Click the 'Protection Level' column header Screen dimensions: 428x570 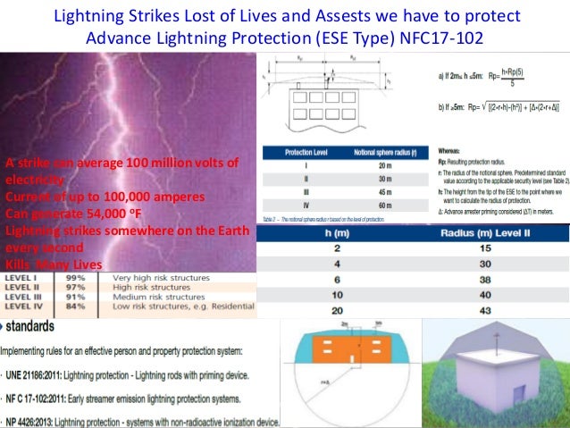point(301,153)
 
